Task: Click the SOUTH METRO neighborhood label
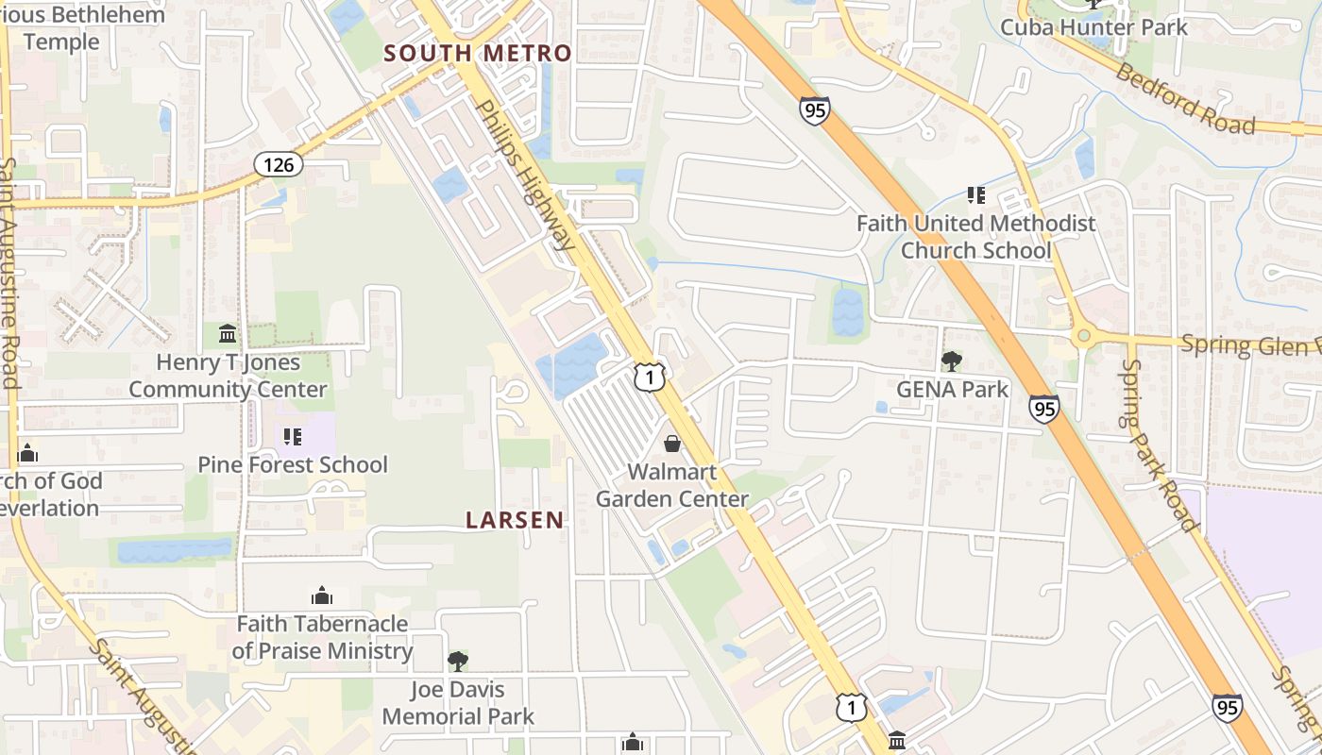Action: pos(478,54)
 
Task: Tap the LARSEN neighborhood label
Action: pos(515,519)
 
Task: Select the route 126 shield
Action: pos(279,165)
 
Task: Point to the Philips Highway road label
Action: pos(527,175)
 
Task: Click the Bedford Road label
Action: pos(1185,98)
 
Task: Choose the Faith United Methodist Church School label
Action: pos(975,237)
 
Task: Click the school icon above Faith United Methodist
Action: pos(975,195)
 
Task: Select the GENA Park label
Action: pos(952,389)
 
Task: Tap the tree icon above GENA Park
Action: pos(952,361)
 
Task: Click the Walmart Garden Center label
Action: pos(672,485)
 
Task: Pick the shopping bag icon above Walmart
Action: pos(672,443)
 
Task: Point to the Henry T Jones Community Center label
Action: pos(228,376)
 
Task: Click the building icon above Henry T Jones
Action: pos(228,334)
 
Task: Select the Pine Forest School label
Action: pos(293,464)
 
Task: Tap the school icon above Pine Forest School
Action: pos(293,436)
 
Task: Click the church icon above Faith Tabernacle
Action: pos(322,596)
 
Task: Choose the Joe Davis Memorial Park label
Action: pos(458,703)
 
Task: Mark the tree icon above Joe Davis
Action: pos(458,661)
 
